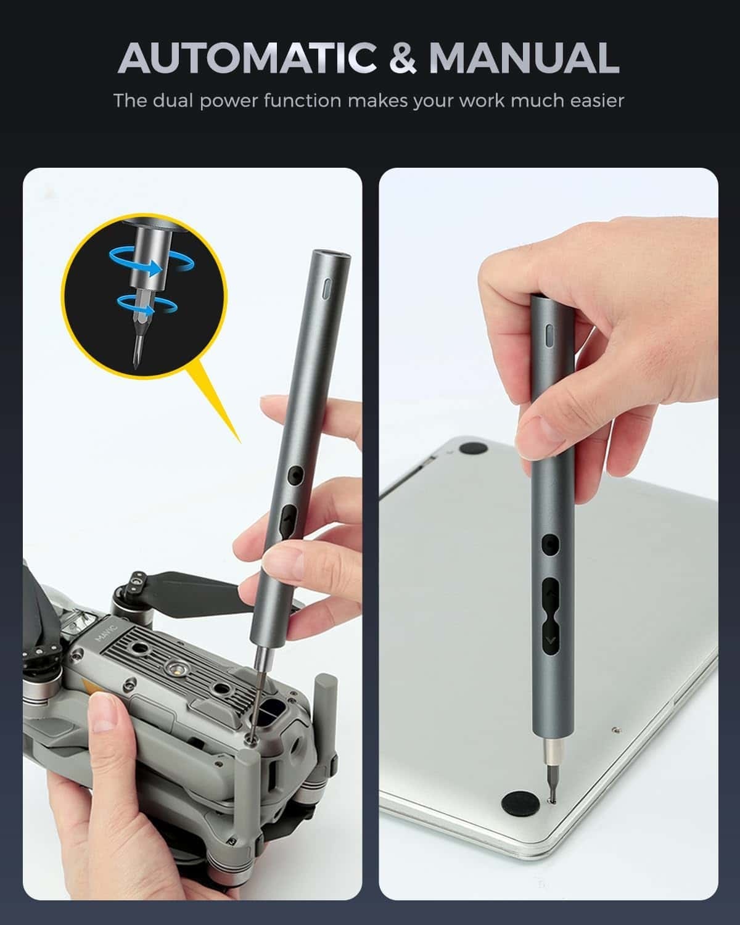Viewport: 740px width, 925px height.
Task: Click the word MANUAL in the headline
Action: pyautogui.click(x=524, y=58)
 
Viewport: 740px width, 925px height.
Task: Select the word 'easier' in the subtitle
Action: pyautogui.click(x=597, y=101)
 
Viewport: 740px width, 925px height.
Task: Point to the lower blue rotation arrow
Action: pyautogui.click(x=139, y=303)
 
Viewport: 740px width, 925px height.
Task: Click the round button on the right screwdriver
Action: pyautogui.click(x=549, y=545)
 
